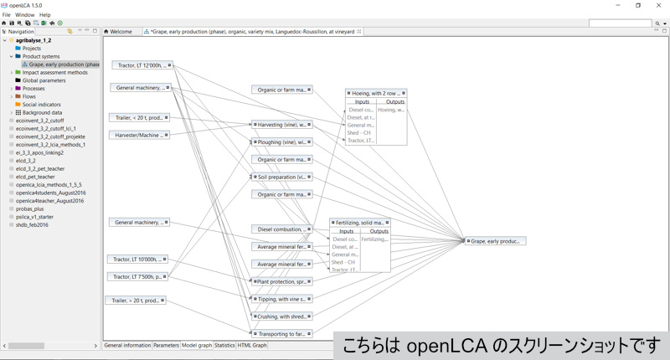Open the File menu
click(x=7, y=15)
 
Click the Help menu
click(x=44, y=15)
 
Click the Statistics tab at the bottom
click(x=224, y=345)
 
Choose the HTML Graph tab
click(x=252, y=345)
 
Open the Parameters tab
click(x=166, y=345)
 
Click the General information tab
click(x=127, y=345)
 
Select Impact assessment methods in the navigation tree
click(x=54, y=72)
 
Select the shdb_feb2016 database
click(x=33, y=224)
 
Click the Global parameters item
click(x=49, y=80)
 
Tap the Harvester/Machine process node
click(x=139, y=135)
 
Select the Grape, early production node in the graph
click(x=496, y=241)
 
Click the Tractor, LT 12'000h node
click(x=141, y=64)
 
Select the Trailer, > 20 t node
click(x=135, y=300)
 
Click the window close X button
click(x=660, y=5)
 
